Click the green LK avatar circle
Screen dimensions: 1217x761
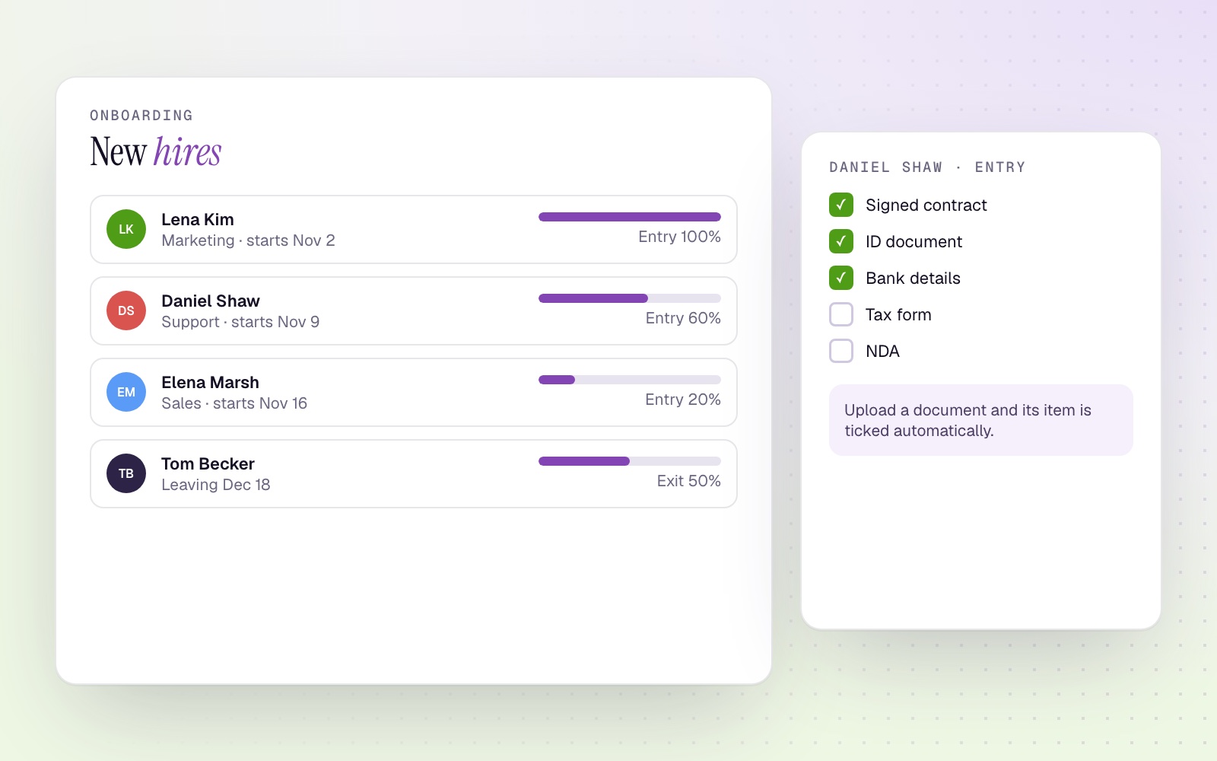(126, 229)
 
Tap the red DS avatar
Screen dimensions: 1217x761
(126, 310)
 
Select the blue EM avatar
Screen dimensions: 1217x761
(126, 392)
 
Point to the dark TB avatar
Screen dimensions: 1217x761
(126, 473)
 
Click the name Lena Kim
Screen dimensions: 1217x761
(198, 219)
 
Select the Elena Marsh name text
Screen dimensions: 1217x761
(210, 382)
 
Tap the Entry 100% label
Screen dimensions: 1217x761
(679, 237)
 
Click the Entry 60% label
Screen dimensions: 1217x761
(683, 317)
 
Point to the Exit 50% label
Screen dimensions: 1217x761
(689, 480)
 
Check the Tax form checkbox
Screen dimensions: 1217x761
(841, 314)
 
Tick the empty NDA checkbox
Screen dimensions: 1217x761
(841, 351)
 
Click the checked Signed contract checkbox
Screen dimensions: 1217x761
(841, 205)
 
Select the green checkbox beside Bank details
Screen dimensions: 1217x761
(841, 278)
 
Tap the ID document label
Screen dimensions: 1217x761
(914, 241)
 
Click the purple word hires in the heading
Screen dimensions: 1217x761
(187, 151)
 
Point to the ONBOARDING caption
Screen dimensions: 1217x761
(141, 115)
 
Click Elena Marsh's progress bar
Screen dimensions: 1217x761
(630, 380)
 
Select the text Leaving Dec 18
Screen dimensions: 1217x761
(216, 484)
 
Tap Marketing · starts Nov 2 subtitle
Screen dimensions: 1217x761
(248, 240)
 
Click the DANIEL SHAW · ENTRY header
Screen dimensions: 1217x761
(927, 167)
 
